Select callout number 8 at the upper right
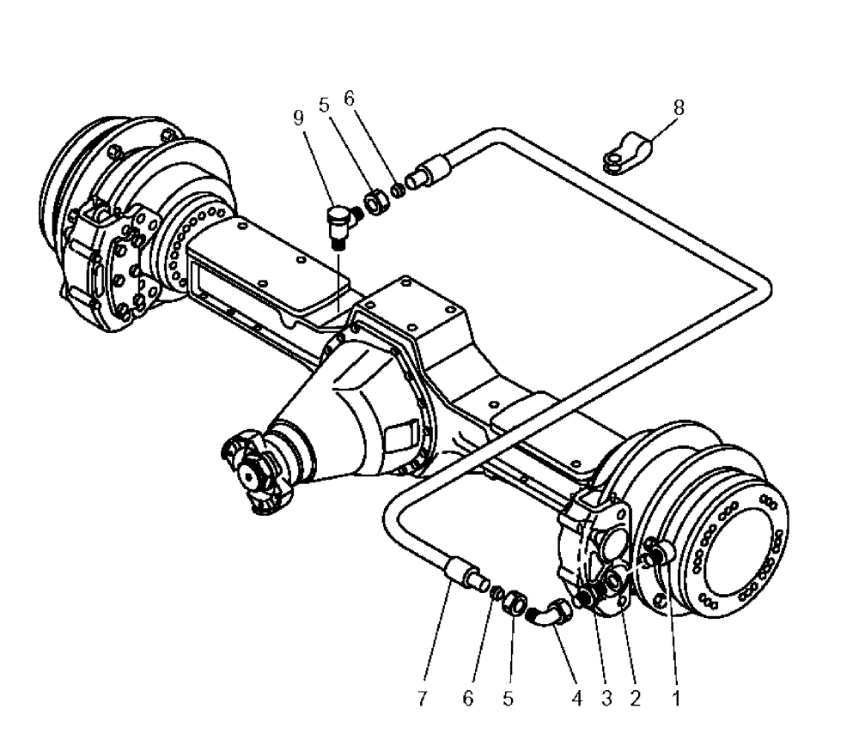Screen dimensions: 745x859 679,109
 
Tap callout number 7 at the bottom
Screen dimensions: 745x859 423,700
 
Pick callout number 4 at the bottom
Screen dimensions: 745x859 577,700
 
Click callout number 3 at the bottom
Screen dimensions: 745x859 606,700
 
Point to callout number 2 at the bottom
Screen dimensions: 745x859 635,700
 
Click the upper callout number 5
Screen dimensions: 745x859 324,106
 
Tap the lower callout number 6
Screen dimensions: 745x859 468,700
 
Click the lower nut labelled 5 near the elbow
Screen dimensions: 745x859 514,603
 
